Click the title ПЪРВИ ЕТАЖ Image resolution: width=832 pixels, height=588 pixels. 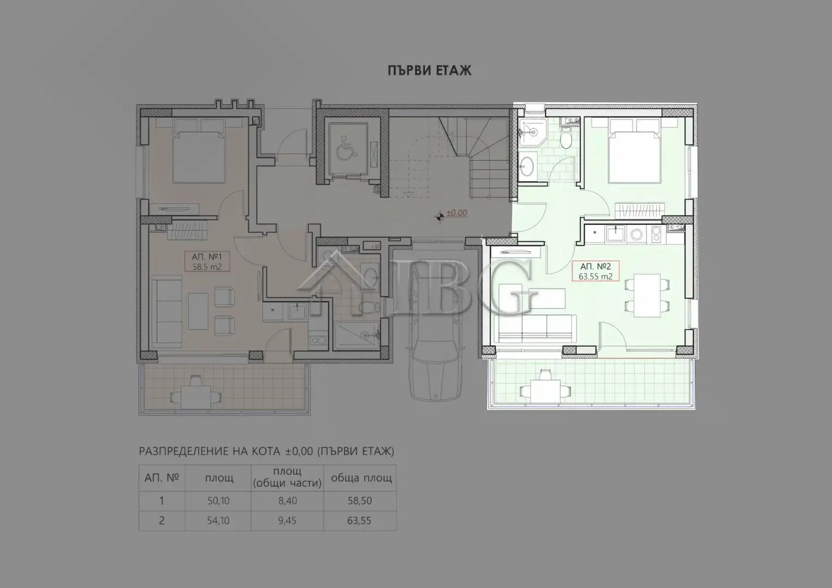429,70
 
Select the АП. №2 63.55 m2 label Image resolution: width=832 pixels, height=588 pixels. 596,271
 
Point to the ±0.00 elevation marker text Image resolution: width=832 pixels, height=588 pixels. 457,213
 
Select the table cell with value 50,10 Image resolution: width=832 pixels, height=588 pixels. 218,501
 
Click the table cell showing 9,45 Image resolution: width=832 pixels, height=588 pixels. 287,520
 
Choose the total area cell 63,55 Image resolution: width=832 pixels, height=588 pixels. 360,520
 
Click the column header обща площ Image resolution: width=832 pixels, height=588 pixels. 361,478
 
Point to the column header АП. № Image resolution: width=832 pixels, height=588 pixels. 162,478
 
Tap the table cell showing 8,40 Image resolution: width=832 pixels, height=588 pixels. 287,501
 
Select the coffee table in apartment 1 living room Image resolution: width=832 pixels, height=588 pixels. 197,311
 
